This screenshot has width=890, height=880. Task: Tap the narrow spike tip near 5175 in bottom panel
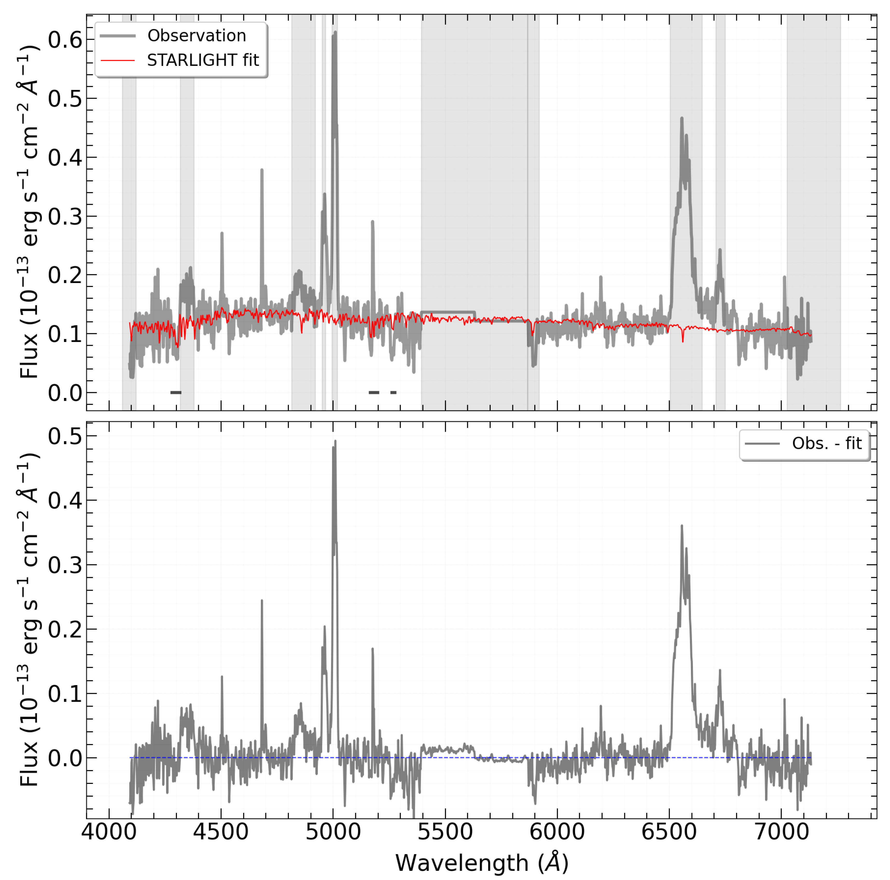[x=372, y=649]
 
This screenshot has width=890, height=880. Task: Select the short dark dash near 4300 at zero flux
[x=176, y=393]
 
